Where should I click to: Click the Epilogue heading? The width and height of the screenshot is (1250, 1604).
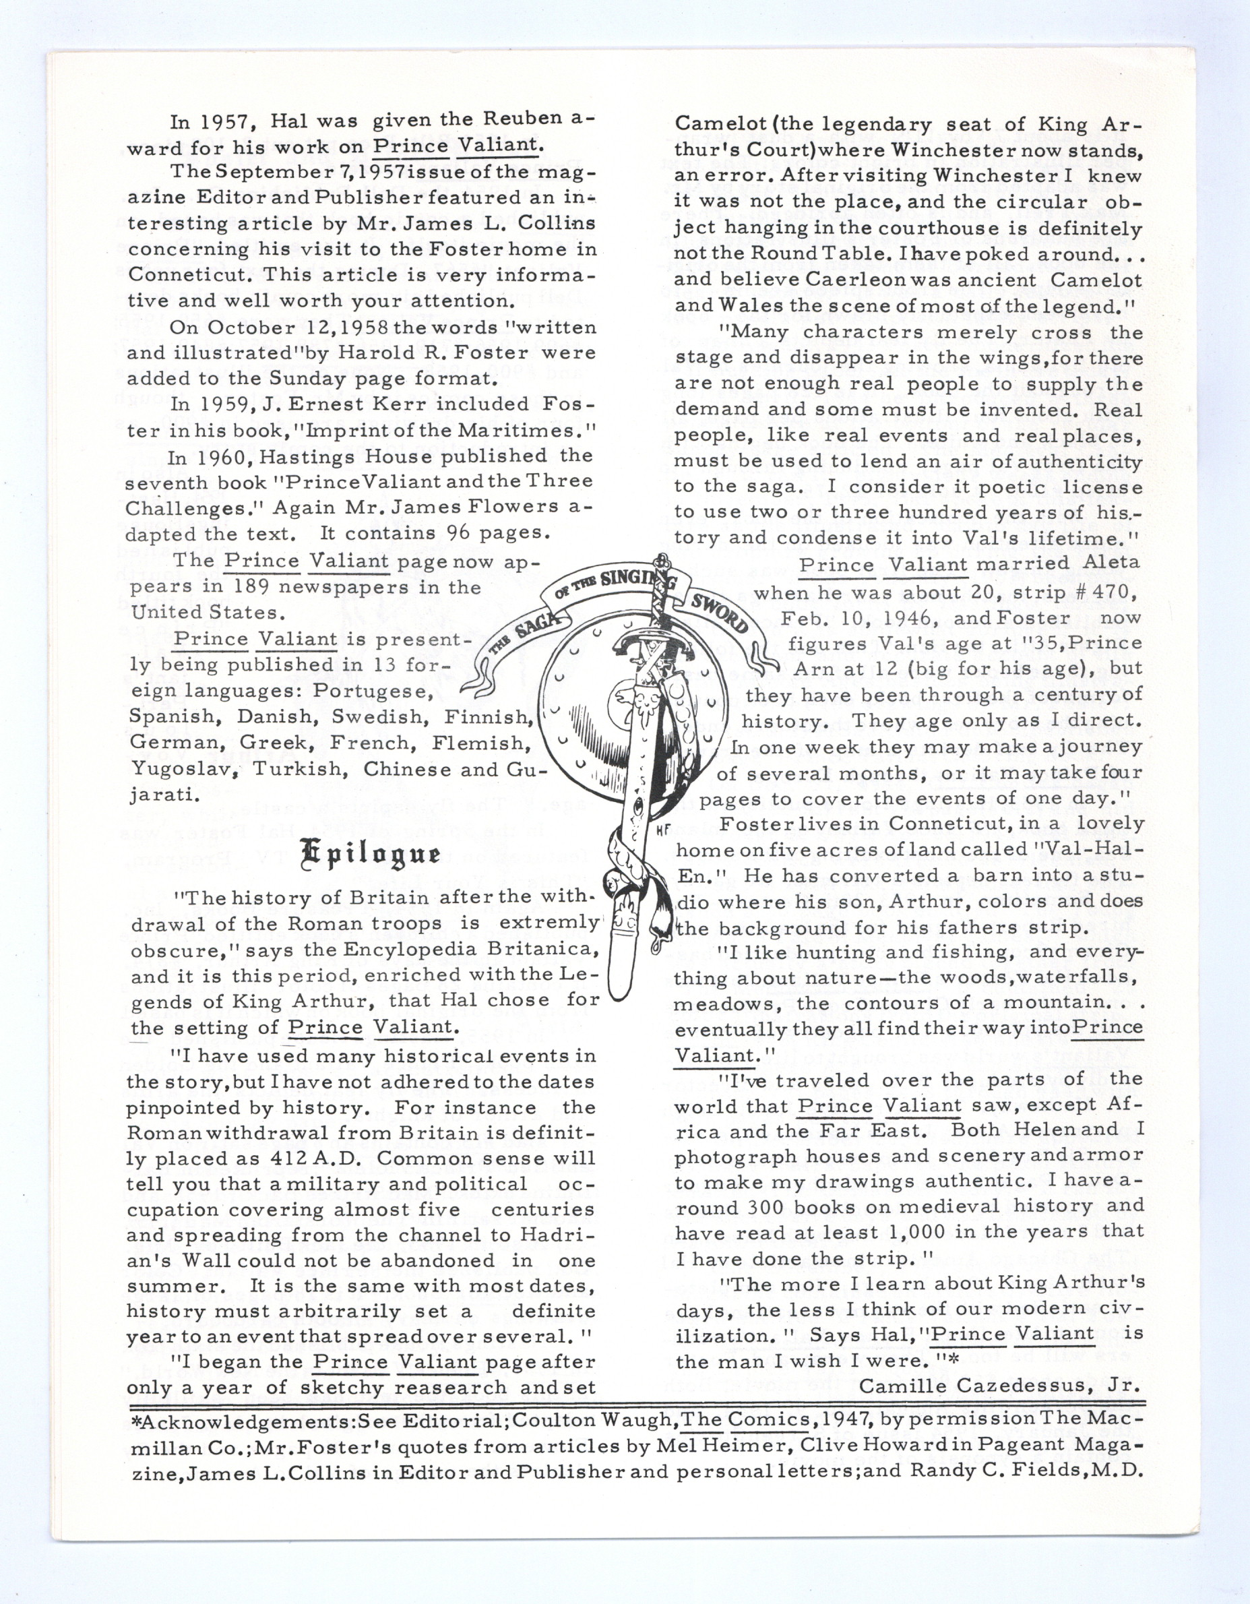pos(370,853)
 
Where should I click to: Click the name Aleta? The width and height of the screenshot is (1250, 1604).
pos(1105,563)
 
